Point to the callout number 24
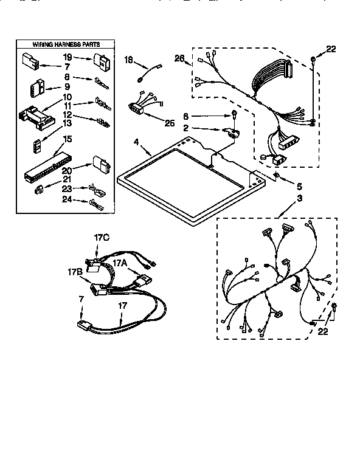66,199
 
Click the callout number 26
178,58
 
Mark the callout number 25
169,123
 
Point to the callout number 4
137,143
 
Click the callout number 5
298,186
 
